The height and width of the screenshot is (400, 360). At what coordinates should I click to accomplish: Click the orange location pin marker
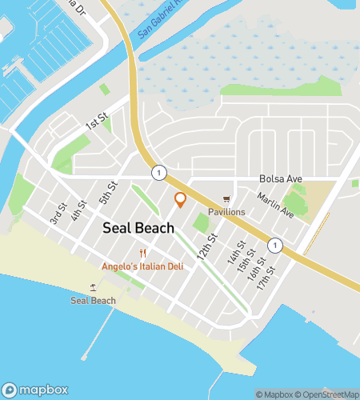point(181,199)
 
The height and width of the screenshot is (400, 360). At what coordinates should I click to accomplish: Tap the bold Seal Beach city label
point(138,228)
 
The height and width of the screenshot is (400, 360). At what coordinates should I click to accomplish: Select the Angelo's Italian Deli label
point(142,266)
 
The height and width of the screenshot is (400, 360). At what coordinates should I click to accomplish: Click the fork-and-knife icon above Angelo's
point(142,253)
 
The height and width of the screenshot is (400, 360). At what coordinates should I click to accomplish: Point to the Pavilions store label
point(226,212)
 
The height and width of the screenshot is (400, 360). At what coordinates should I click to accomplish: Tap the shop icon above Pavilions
point(226,199)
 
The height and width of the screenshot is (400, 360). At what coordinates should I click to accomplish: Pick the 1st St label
point(97,123)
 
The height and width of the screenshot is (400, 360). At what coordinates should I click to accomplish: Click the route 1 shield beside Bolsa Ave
point(160,173)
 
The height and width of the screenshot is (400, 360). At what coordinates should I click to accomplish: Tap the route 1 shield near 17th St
point(274,246)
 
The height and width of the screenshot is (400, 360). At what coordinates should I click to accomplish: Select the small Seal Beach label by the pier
point(93,301)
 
